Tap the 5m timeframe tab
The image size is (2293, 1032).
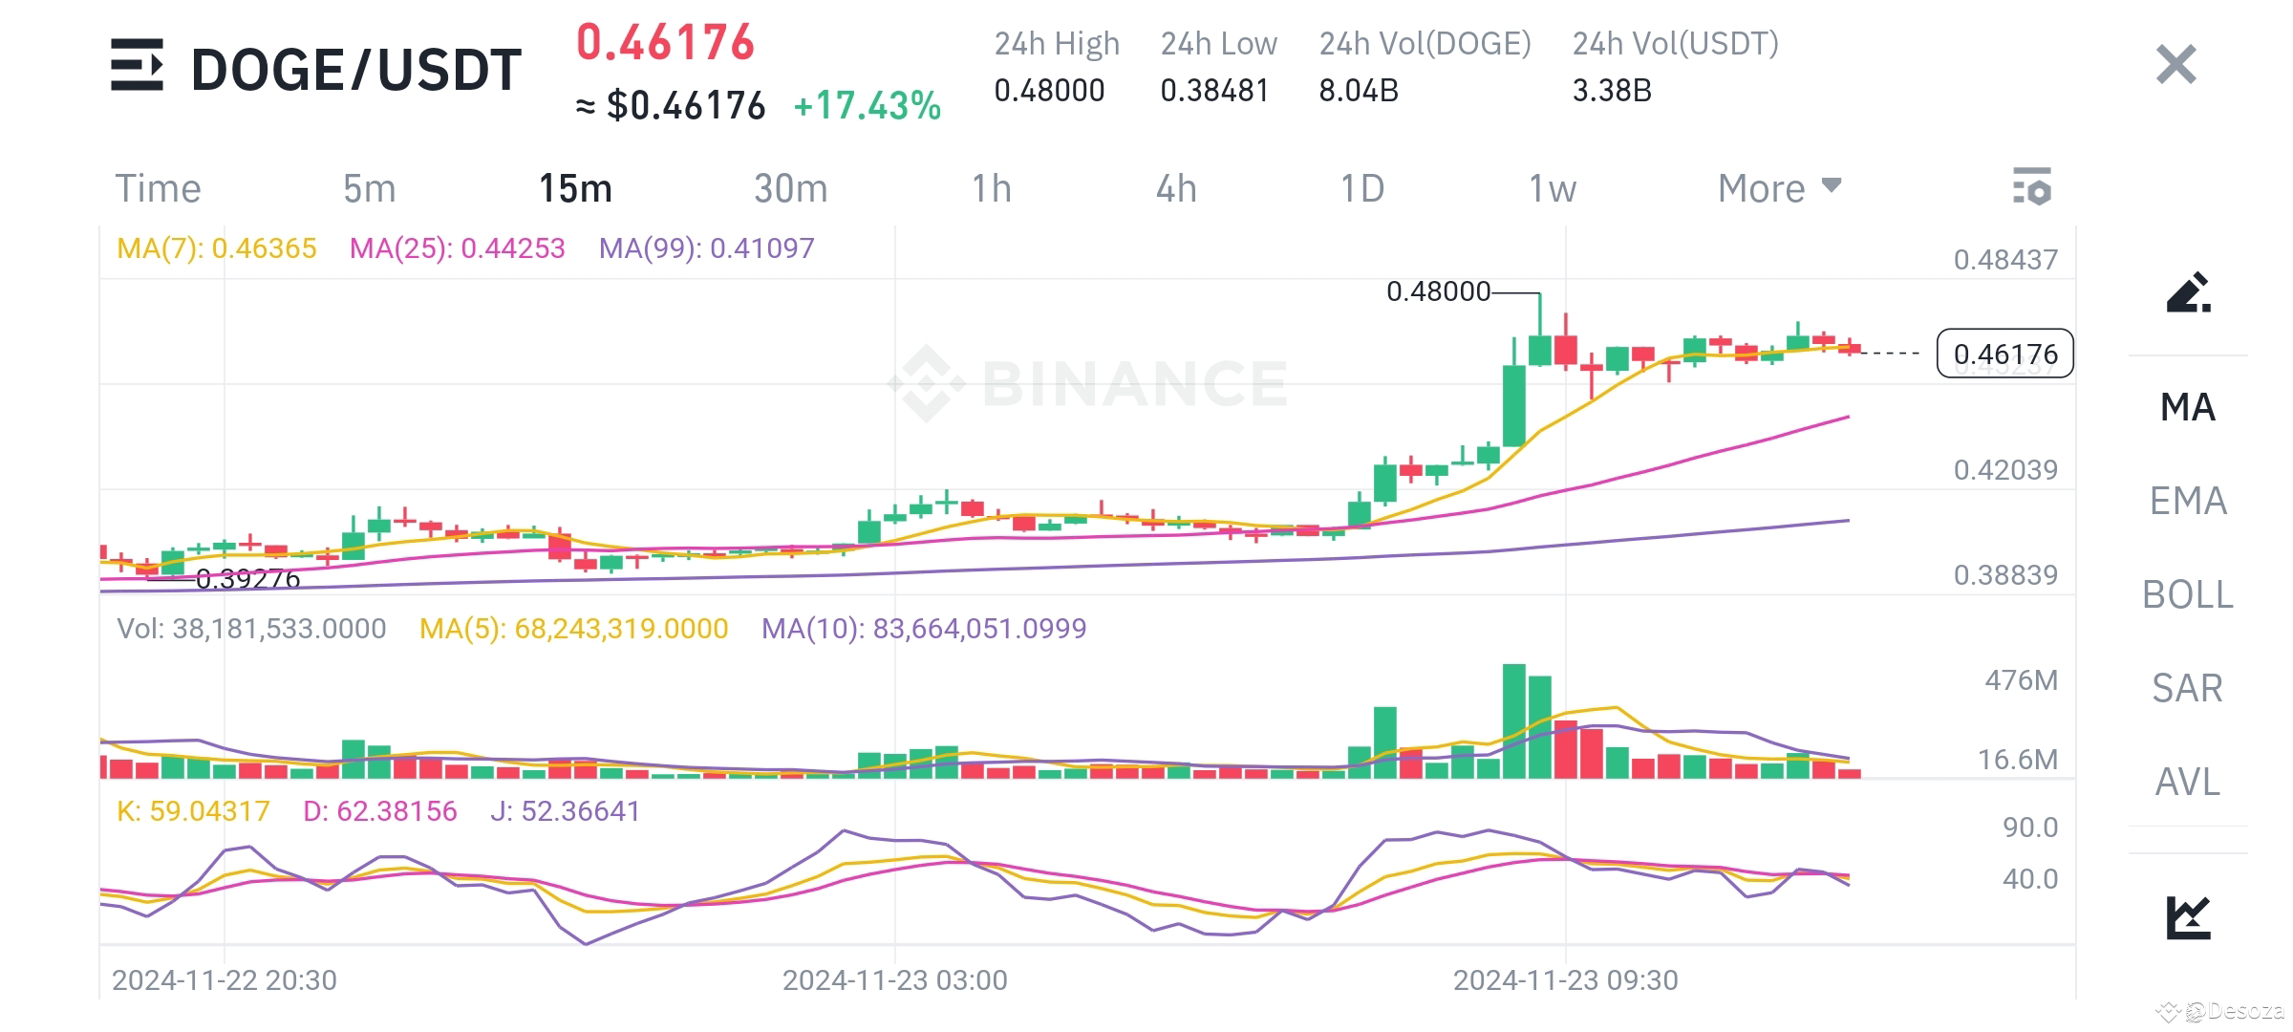coord(369,189)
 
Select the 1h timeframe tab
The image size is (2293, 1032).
coord(991,189)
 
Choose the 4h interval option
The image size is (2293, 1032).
coord(1175,189)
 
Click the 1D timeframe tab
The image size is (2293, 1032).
coord(1361,189)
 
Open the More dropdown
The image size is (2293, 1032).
coord(1778,189)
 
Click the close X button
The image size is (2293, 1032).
coord(2175,65)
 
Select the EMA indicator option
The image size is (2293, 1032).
coord(2187,501)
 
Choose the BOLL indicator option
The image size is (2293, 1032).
coord(2187,594)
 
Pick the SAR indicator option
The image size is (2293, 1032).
coord(2187,688)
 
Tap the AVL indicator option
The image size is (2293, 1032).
coord(2187,782)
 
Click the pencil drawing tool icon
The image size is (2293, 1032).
coord(2187,292)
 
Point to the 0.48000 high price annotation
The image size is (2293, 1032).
coord(1438,291)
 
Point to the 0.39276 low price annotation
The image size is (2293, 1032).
coord(247,579)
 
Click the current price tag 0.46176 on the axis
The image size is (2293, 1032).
coord(2004,355)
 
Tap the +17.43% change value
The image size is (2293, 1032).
coord(867,106)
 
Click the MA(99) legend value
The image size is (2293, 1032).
coord(706,248)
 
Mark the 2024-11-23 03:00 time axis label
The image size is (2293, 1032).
coord(894,980)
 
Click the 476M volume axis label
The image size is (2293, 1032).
coord(2021,680)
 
